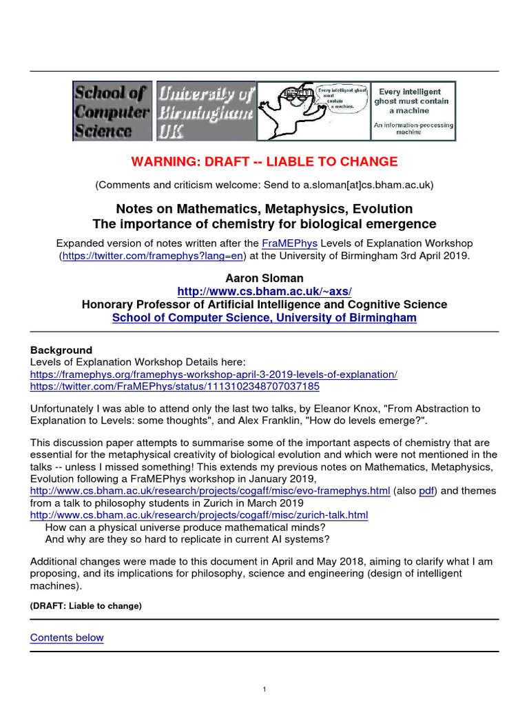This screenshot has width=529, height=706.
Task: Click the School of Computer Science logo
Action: click(113, 111)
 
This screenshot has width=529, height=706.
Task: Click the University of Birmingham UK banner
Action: click(205, 111)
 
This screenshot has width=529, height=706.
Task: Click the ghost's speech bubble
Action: click(342, 99)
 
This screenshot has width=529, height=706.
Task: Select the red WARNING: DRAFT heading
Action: click(264, 162)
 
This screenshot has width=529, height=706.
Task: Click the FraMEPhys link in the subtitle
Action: click(289, 243)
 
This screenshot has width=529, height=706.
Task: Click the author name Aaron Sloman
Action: click(264, 277)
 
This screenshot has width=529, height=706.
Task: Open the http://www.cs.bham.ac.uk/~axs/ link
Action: click(264, 291)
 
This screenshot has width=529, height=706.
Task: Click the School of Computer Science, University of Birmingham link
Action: click(264, 317)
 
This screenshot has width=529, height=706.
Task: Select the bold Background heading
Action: click(61, 350)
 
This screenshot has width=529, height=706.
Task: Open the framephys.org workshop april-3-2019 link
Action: click(214, 374)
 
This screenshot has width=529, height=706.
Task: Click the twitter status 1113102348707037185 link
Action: click(175, 387)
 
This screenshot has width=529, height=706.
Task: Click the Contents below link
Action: click(67, 638)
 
